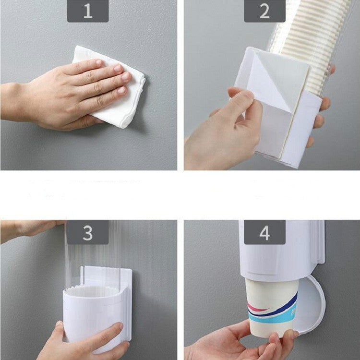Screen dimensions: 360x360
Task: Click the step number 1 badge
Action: pyautogui.click(x=87, y=11)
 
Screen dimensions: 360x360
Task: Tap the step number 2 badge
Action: pyautogui.click(x=264, y=11)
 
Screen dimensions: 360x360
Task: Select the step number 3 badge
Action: pyautogui.click(x=87, y=232)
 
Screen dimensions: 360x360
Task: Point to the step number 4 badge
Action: pyautogui.click(x=264, y=232)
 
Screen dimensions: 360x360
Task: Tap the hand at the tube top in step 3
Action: pyautogui.click(x=29, y=228)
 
